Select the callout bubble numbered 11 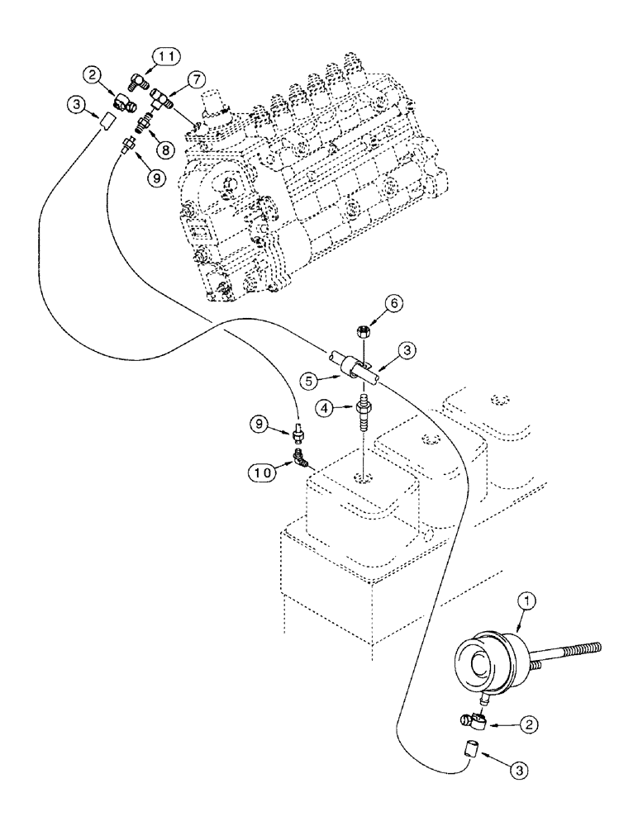click(x=163, y=57)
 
